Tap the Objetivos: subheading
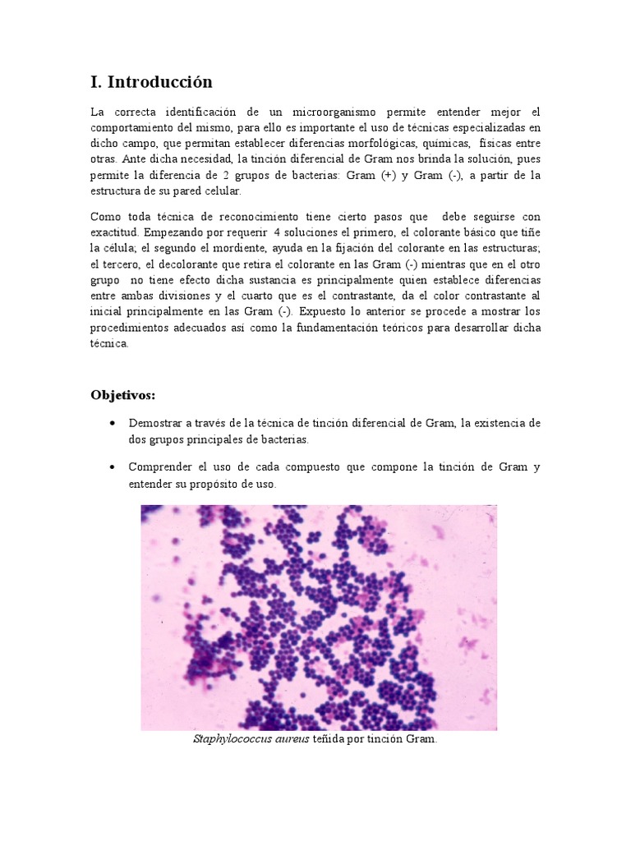pos(122,395)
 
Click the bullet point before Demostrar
pos(111,424)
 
